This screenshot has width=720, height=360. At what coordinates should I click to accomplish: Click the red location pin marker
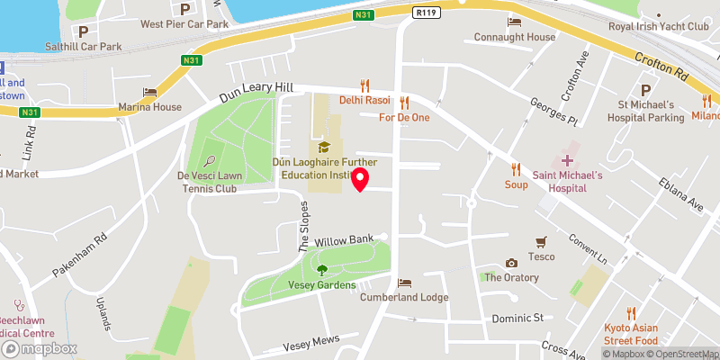pos(361,179)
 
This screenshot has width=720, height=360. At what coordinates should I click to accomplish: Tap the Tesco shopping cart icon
pos(541,241)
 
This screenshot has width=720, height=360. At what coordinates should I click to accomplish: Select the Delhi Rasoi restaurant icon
pos(364,85)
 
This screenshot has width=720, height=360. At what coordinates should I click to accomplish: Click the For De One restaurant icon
pos(404,103)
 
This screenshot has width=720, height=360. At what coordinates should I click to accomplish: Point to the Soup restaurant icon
pos(516,168)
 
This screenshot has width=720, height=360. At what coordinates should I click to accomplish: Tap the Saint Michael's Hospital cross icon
pos(567,159)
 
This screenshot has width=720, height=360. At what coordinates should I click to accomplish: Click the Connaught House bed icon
pos(515,22)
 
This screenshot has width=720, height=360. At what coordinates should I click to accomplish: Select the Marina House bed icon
pos(149,93)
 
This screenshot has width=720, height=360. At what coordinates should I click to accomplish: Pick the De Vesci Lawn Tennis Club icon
pos(210,162)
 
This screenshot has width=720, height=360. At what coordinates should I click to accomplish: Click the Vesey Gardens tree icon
pos(322,269)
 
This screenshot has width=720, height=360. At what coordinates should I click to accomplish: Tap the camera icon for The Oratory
pos(511,263)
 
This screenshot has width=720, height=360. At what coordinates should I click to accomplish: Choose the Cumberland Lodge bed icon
pos(404,283)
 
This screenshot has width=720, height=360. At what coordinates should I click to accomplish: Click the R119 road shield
pos(427,13)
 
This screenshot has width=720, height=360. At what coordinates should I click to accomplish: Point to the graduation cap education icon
pos(322,146)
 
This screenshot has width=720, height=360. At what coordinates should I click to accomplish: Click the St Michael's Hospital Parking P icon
pos(644,91)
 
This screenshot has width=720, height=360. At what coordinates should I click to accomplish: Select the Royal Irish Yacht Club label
pos(659,26)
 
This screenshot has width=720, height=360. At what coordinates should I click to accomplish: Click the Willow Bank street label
pos(343,240)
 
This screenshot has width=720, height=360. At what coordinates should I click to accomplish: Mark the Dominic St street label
pos(519,319)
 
